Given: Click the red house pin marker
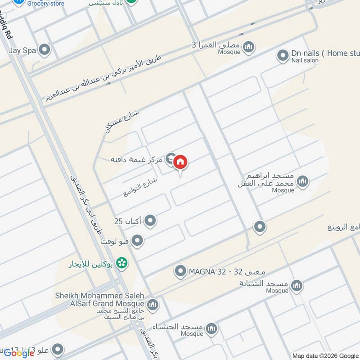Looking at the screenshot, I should coord(180,162).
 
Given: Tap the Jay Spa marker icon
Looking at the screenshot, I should coord(44,50).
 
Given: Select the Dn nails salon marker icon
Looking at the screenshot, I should coord(283,55).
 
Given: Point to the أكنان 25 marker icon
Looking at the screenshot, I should coord(151,221).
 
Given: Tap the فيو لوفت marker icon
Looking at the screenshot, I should coord(138,241).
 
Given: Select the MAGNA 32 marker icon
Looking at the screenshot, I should coord(180,271).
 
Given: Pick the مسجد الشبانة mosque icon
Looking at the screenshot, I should coord(297,285).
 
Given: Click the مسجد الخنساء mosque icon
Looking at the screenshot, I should coord(211,330).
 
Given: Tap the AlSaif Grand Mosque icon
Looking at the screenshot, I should coord(153,305).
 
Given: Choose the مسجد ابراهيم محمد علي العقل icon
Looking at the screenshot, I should coord(303,181).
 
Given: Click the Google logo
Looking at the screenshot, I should coord(19,353).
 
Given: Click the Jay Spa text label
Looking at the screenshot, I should coord(22,50).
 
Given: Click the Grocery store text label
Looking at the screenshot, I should coord(45,4).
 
